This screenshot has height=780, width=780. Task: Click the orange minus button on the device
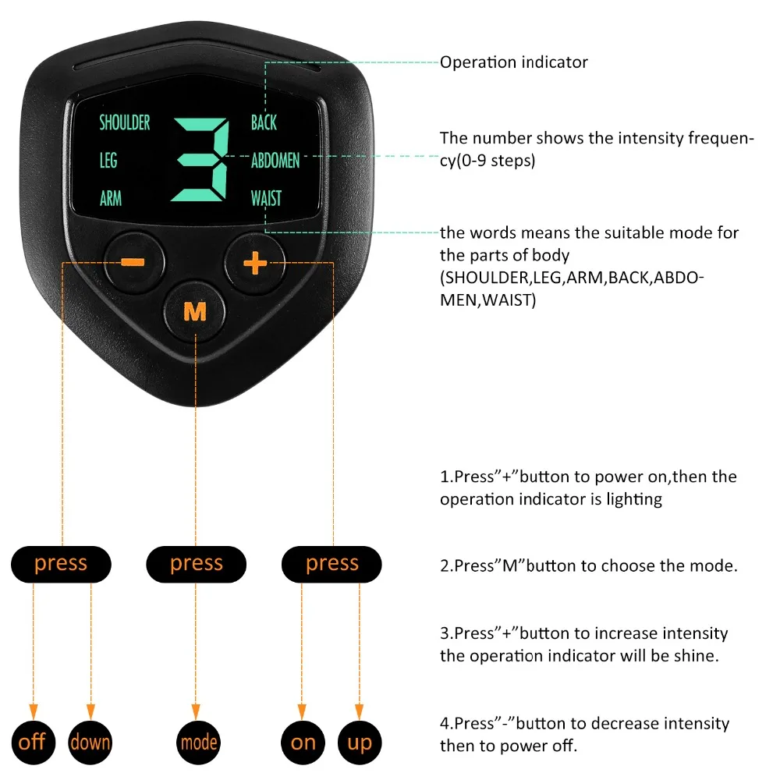point(133,261)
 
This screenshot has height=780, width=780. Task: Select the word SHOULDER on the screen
point(125,122)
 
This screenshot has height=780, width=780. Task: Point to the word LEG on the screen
point(108,161)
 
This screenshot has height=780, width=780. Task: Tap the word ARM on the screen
point(111,198)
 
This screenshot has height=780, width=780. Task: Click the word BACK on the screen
point(264,122)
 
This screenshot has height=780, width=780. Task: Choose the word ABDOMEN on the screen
point(275,161)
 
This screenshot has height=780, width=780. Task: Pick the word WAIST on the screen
point(266,198)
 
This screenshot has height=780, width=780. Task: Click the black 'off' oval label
point(32,741)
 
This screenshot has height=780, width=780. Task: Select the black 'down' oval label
point(90,741)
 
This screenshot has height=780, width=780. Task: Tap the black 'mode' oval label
point(198,741)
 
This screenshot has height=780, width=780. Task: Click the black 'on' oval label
point(303,741)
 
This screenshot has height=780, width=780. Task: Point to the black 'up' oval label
point(360,741)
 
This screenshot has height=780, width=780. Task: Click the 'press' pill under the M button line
point(197,563)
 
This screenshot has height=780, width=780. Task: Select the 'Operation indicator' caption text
point(513,62)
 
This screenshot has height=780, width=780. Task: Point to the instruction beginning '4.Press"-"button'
point(584,734)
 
